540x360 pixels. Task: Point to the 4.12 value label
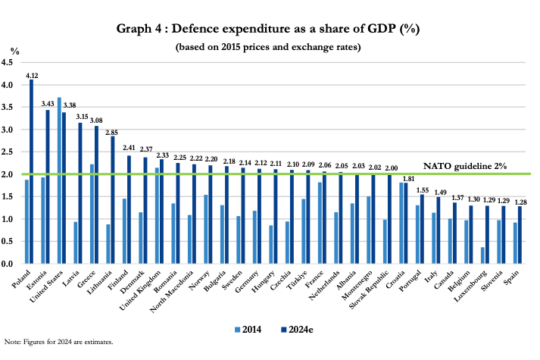tap(32, 76)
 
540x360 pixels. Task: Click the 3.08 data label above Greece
tap(97, 121)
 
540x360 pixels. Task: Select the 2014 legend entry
tap(245, 327)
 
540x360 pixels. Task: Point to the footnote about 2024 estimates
tap(58, 342)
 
